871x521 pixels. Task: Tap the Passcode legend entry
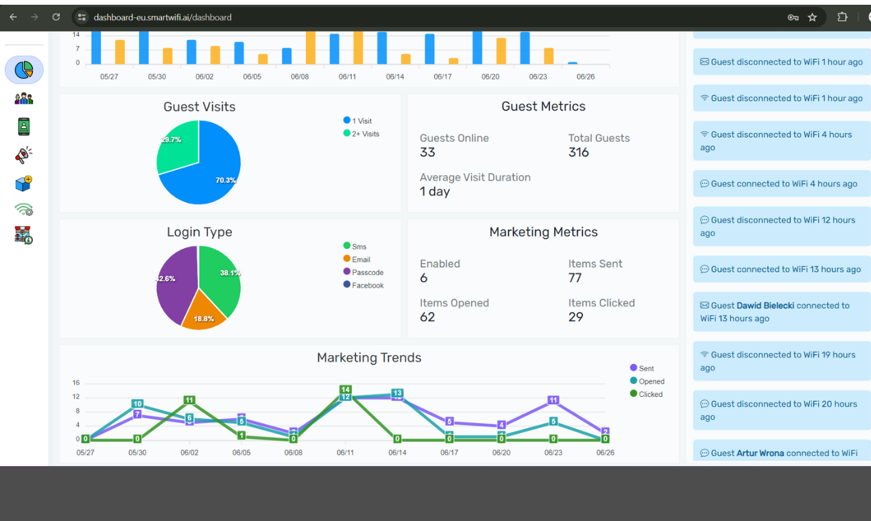tap(367, 273)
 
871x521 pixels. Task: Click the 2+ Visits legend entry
tap(365, 134)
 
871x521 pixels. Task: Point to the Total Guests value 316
tap(578, 152)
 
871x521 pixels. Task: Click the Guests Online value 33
tap(427, 152)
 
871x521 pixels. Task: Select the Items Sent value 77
tap(575, 278)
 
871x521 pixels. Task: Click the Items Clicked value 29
tap(575, 317)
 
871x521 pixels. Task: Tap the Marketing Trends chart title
tap(369, 358)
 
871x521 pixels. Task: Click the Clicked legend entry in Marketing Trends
tap(650, 394)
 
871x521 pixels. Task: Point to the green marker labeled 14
tap(346, 390)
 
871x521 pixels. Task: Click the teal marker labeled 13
tap(397, 393)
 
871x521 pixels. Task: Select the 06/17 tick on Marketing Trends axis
tap(449, 453)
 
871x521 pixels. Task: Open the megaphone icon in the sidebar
tap(23, 156)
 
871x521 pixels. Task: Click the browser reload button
tap(56, 17)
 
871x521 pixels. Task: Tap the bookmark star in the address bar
tap(812, 17)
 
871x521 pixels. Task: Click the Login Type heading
tap(200, 232)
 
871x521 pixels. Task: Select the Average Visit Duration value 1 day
tap(435, 192)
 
